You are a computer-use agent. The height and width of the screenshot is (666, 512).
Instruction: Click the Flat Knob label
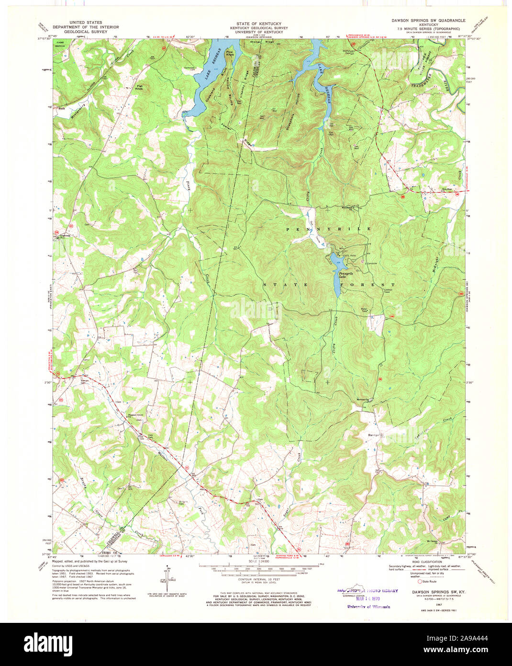pyautogui.click(x=139, y=87)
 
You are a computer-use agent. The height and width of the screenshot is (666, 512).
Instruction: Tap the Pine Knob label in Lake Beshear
pyautogui.click(x=230, y=54)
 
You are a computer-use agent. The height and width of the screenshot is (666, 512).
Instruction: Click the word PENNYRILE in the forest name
pyautogui.click(x=328, y=229)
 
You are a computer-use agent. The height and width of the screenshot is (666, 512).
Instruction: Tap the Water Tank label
pyautogui.click(x=367, y=310)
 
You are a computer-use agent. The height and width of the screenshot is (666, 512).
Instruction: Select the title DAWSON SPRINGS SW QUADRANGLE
pyautogui.click(x=428, y=21)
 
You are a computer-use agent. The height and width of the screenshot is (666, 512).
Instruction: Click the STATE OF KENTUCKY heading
pyautogui.click(x=258, y=23)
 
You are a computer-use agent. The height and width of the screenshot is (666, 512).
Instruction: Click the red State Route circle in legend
pyautogui.click(x=420, y=581)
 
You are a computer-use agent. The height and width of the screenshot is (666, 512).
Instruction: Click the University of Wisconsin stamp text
pyautogui.click(x=368, y=607)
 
